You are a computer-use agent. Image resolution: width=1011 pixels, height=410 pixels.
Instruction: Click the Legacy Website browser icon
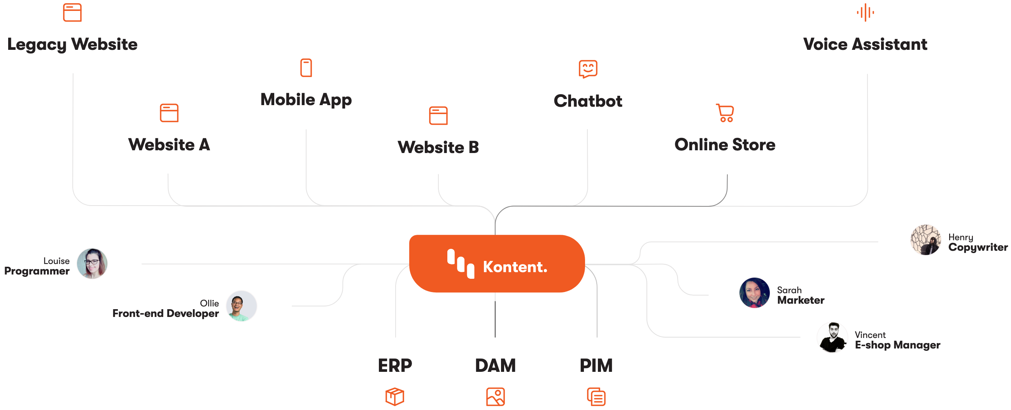click(72, 12)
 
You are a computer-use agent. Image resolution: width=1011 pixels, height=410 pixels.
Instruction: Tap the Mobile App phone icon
click(306, 68)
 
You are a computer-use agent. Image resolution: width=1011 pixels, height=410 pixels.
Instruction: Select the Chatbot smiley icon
click(588, 69)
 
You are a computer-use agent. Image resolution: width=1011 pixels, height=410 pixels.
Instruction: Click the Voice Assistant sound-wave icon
click(865, 12)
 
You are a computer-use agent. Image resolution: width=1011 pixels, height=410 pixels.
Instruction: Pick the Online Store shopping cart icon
click(725, 113)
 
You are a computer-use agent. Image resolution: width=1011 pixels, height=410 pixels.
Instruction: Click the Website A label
click(169, 144)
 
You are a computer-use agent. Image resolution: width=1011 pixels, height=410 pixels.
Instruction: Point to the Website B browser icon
click(438, 116)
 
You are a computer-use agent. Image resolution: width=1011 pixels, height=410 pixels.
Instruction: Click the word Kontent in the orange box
click(515, 267)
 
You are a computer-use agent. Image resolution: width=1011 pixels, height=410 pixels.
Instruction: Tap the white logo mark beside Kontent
click(461, 264)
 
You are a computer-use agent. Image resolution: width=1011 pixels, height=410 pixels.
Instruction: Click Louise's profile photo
click(92, 264)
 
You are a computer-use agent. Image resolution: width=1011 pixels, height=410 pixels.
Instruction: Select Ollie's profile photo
click(241, 306)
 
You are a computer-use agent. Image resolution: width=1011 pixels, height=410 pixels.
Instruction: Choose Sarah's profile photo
click(754, 293)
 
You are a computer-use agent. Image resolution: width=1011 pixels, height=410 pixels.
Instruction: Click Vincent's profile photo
click(832, 338)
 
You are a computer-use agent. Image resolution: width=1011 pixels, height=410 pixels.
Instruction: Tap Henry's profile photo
click(925, 239)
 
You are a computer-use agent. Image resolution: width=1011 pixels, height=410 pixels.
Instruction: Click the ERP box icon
click(394, 397)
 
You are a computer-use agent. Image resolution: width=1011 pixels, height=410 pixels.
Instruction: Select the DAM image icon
click(495, 397)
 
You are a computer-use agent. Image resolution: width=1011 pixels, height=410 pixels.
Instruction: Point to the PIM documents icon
click(596, 397)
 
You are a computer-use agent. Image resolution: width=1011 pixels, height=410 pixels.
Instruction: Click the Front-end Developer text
click(166, 313)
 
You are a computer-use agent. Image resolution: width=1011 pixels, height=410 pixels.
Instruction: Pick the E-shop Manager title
click(897, 345)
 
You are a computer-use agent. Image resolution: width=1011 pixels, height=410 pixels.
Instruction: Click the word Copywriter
click(978, 247)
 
